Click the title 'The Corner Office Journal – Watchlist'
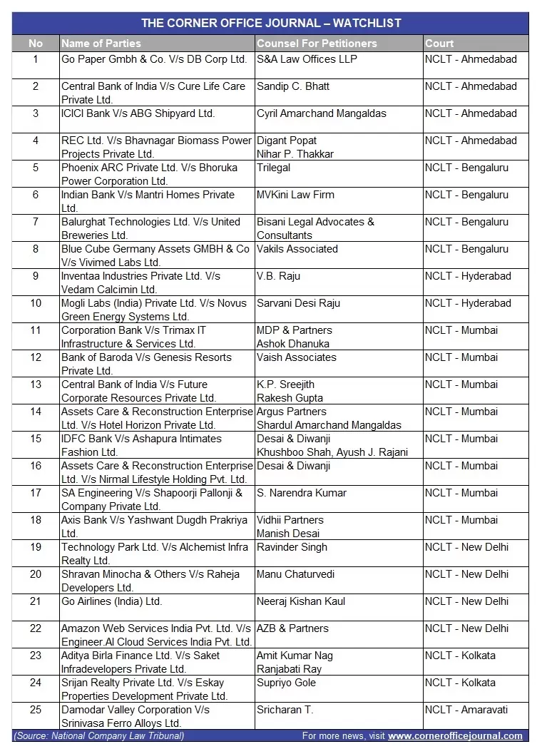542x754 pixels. coord(270,23)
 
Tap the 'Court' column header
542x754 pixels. coord(439,44)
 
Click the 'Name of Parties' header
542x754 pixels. coord(101,44)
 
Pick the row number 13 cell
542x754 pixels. coord(36,384)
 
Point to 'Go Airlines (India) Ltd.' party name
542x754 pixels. coord(112,601)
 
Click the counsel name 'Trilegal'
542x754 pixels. coord(274,168)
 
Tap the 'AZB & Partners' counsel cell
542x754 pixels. coord(292,628)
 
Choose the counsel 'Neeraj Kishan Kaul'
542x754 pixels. coord(301,601)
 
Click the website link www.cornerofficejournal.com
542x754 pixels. coord(455,735)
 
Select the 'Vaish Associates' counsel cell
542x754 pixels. coord(296,357)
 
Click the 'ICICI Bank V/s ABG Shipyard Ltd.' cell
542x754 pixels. coord(138,113)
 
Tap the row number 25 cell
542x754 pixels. coord(36,710)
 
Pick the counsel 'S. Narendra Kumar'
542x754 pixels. coord(302,493)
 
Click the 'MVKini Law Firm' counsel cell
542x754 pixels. coord(295,195)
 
